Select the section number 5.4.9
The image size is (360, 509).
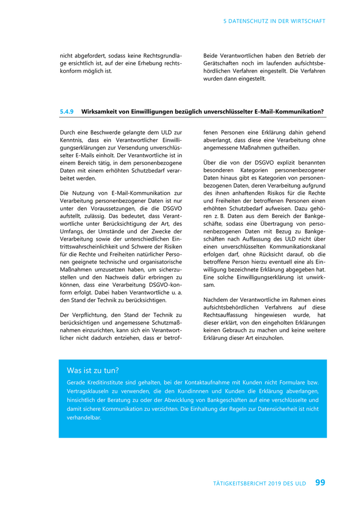pyautogui.click(x=67, y=111)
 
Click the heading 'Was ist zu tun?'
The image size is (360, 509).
pyautogui.click(x=93, y=370)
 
